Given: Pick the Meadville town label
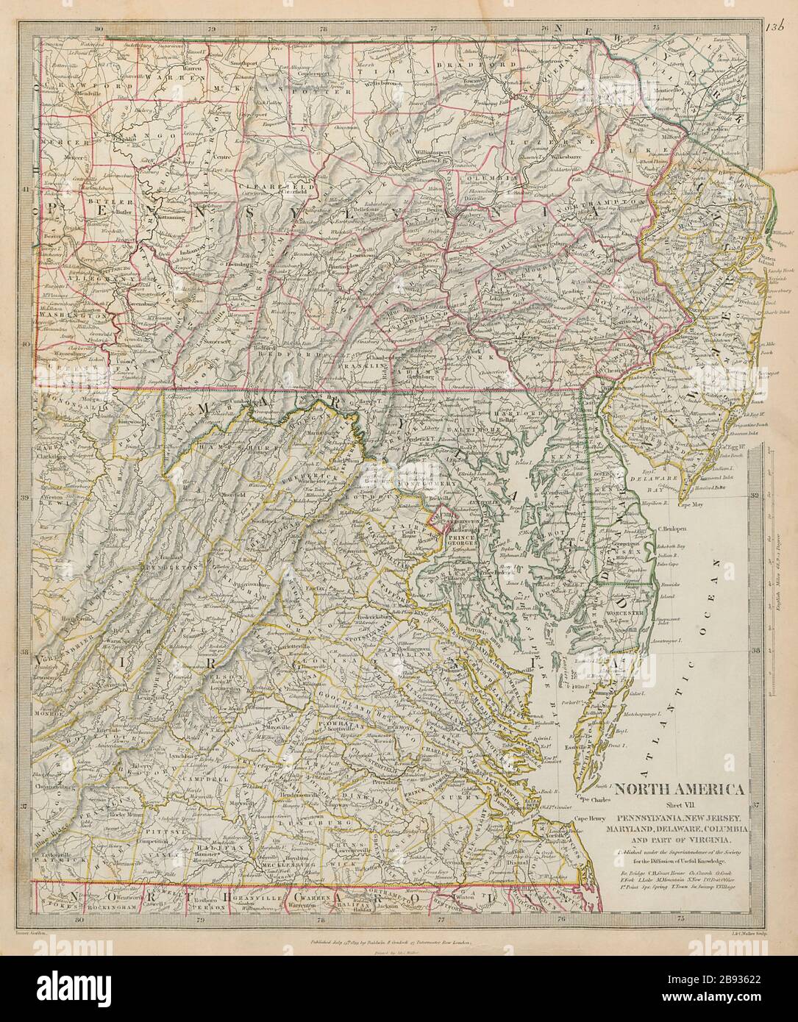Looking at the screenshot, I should tap(63, 93).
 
